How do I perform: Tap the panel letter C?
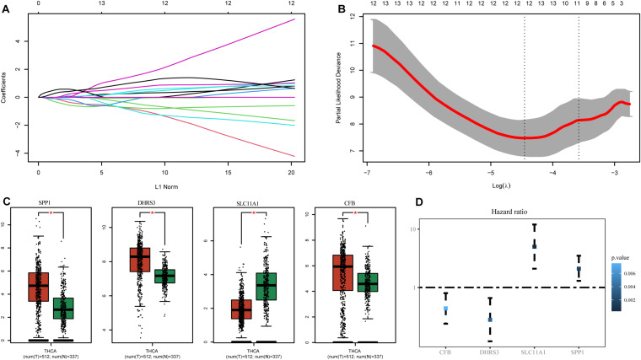coord(8,202)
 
